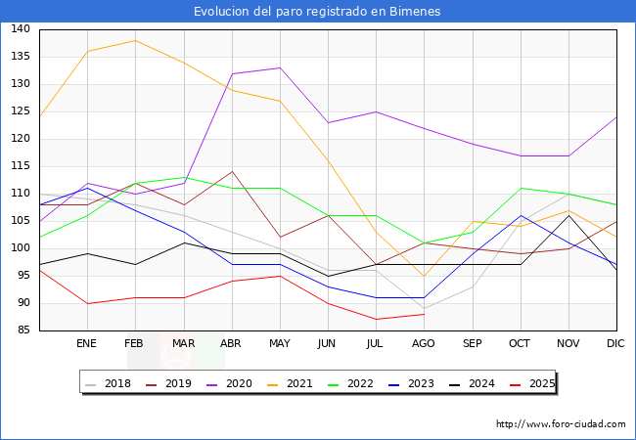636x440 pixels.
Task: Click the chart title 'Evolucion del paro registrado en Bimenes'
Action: (x=317, y=12)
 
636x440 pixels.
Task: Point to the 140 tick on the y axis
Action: (x=20, y=29)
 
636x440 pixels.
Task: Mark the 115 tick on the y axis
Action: (x=20, y=166)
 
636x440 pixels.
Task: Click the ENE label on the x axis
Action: (x=87, y=344)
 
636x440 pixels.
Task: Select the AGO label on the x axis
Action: (x=424, y=344)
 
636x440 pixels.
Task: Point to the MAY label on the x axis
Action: (x=280, y=344)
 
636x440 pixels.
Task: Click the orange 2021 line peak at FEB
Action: (x=135, y=40)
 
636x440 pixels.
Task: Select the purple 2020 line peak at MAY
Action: (x=280, y=67)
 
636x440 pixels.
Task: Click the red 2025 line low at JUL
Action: (x=376, y=320)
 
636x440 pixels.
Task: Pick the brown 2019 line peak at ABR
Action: (x=232, y=171)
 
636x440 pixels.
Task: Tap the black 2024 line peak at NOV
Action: (x=568, y=215)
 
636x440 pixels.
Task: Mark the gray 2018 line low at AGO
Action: (x=424, y=308)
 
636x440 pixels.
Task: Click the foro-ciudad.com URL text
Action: (x=561, y=424)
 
